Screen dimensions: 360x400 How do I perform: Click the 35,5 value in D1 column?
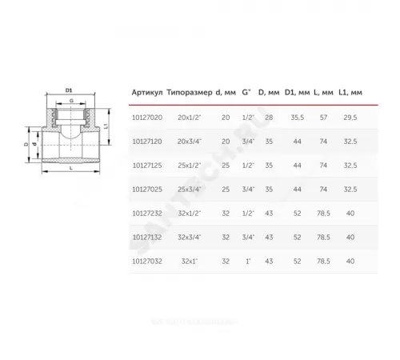[298, 117]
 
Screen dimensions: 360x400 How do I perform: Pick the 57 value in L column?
[323, 117]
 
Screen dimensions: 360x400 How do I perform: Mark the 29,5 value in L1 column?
[350, 117]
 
